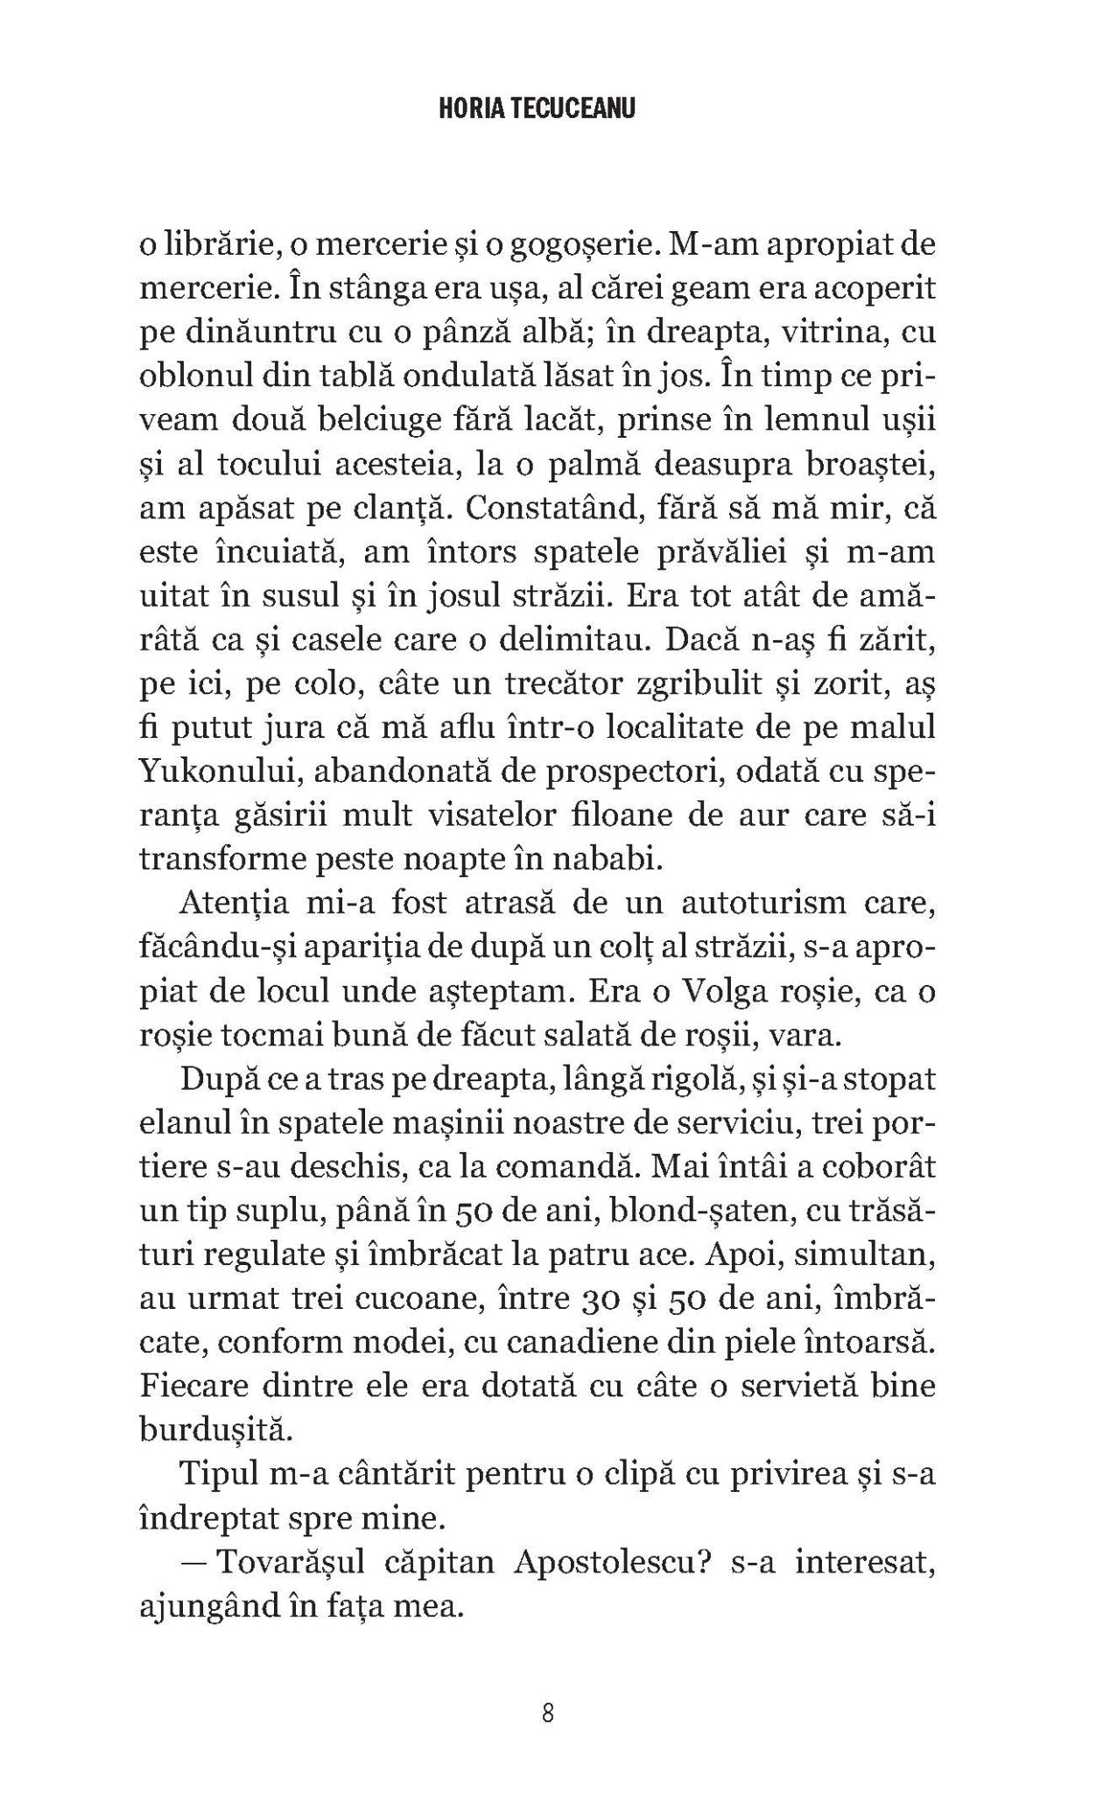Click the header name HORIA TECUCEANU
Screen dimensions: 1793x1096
(x=547, y=109)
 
